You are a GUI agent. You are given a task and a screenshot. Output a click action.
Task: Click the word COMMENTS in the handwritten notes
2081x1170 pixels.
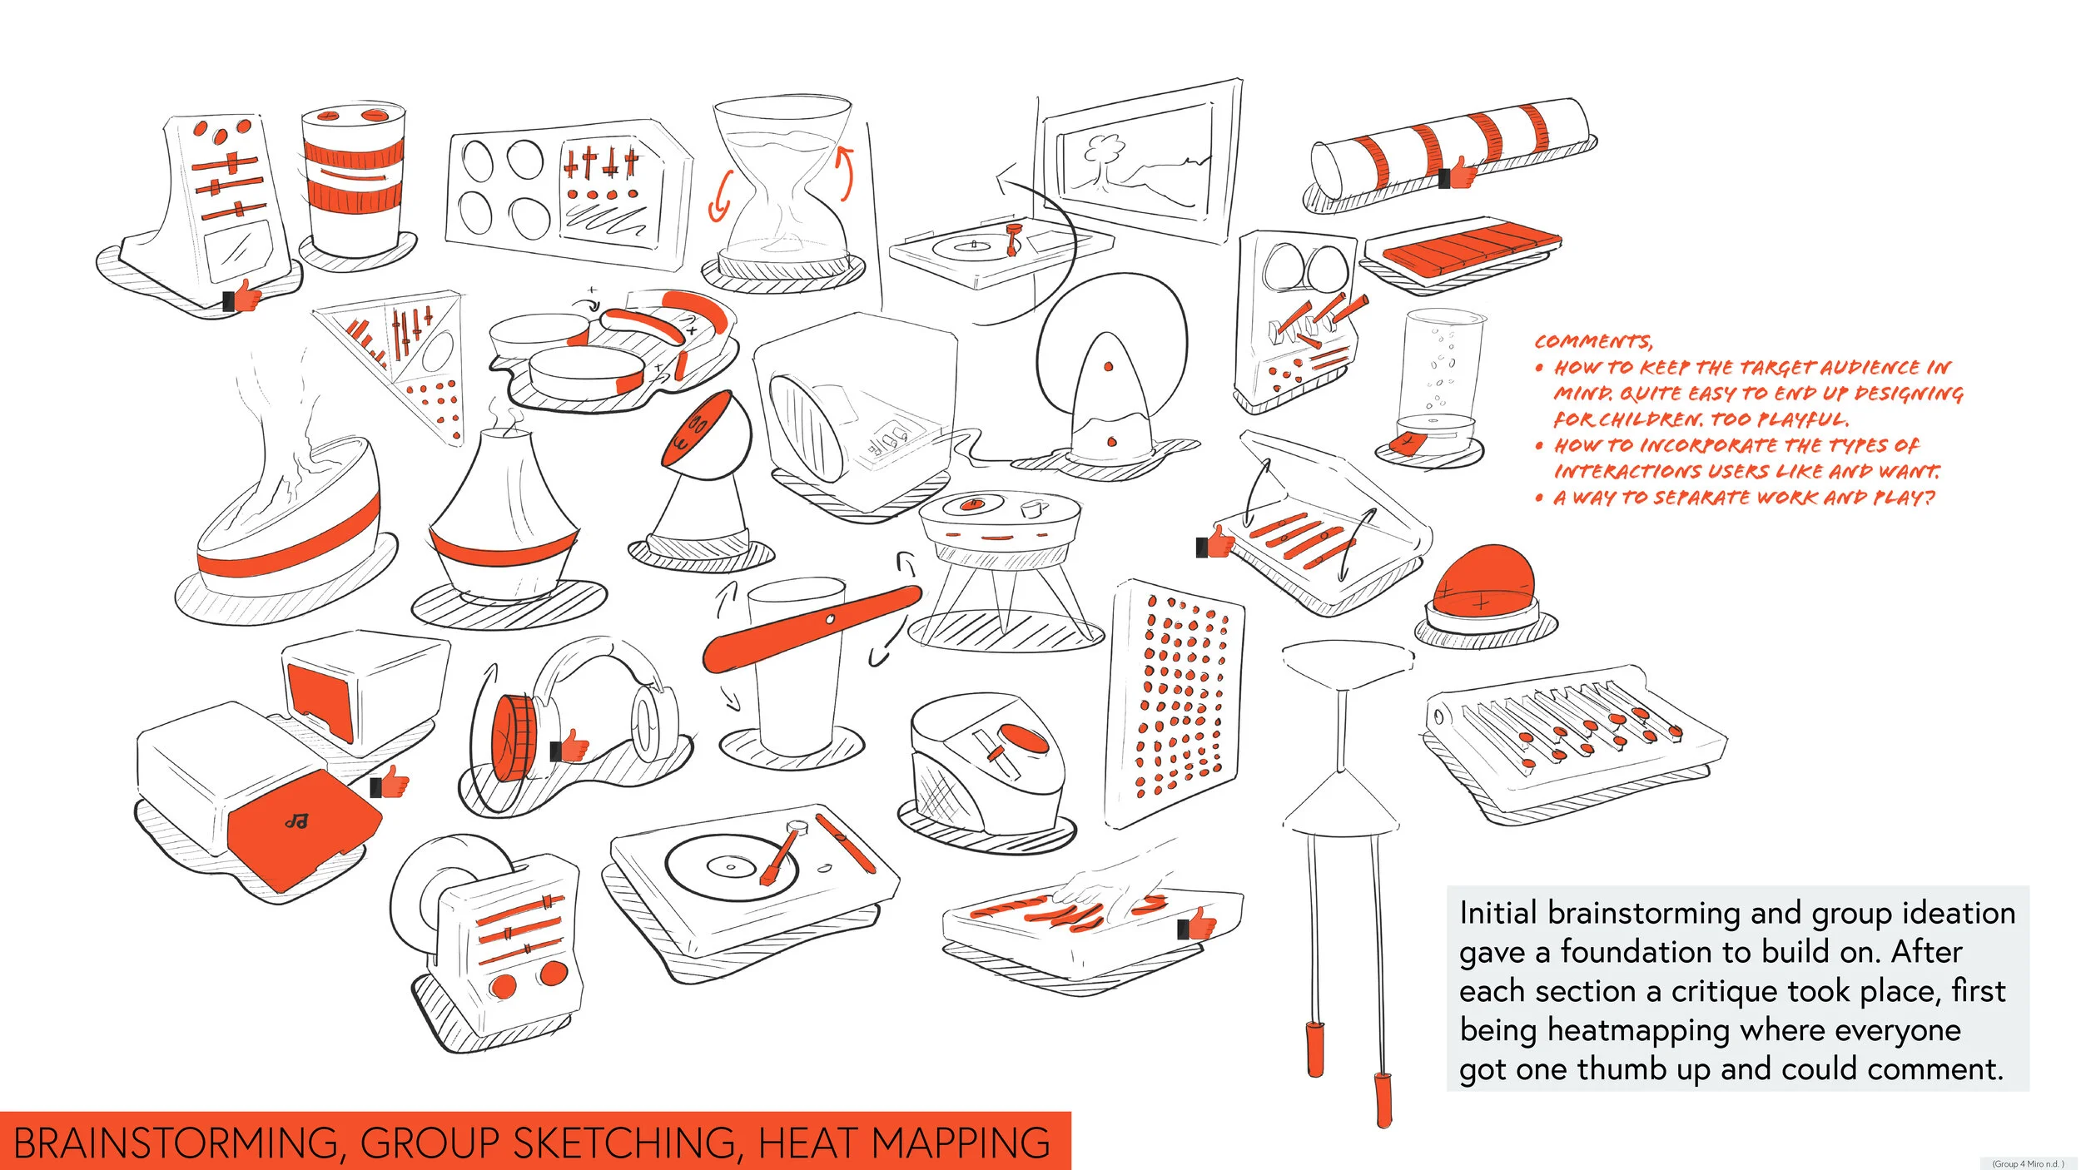[1593, 341]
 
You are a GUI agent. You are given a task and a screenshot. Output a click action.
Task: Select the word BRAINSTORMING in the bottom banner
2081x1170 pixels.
[175, 1144]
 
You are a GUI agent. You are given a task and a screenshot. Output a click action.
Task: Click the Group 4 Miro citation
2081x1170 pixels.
[2028, 1163]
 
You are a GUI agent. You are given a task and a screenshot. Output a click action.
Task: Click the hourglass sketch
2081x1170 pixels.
[783, 192]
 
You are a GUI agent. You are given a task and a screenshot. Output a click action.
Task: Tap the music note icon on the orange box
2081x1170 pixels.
[296, 822]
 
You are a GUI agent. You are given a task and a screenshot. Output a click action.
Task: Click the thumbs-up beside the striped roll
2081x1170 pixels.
[1458, 173]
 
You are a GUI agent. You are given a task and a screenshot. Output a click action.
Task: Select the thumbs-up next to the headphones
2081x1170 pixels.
[569, 746]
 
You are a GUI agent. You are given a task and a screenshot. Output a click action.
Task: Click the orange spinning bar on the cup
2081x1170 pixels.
[812, 627]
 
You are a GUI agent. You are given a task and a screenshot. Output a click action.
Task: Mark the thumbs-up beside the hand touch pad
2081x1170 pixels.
[1197, 923]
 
